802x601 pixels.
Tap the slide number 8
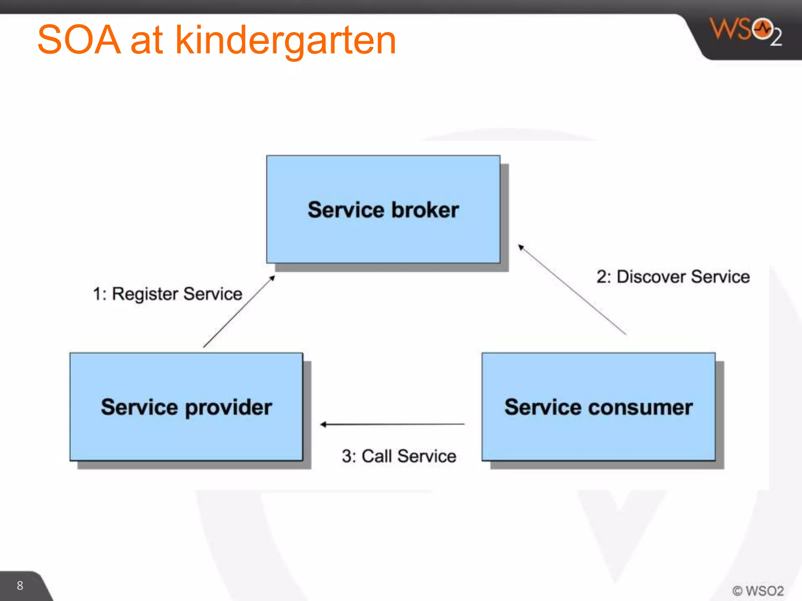click(x=20, y=585)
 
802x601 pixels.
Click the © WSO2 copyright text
click(x=758, y=590)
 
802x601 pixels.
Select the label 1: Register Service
click(x=168, y=294)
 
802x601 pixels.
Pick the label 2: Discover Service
click(x=673, y=277)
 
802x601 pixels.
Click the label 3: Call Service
click(x=399, y=456)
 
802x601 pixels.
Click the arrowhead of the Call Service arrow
click(x=323, y=425)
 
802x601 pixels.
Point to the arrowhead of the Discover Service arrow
click(x=521, y=247)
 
